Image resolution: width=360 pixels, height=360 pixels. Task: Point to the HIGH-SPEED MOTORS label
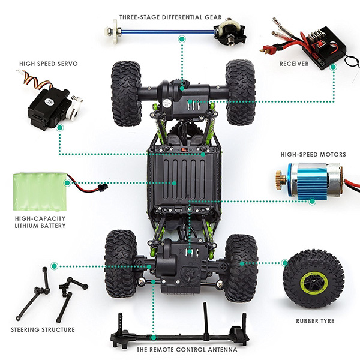coord(313,154)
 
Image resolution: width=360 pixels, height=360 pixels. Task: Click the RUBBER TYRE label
coord(315,321)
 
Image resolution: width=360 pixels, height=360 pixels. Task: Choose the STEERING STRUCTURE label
coord(43,329)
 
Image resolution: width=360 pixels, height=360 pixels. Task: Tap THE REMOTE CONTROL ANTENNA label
coord(186,349)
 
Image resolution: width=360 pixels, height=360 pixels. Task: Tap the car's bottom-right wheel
coord(241,267)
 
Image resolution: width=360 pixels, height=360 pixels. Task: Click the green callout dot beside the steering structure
coord(55,265)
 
